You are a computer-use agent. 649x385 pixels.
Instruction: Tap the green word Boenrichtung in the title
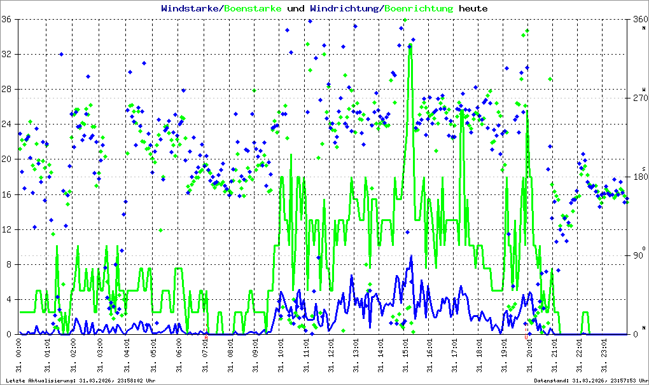click(419, 9)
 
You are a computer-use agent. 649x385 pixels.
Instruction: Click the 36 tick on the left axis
click(10, 20)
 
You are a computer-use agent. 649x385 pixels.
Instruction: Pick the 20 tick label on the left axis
click(10, 159)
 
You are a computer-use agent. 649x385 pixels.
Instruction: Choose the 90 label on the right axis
click(636, 256)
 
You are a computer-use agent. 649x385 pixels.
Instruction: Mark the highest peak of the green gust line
click(410, 46)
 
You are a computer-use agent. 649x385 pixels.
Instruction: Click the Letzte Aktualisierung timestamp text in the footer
click(81, 380)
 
